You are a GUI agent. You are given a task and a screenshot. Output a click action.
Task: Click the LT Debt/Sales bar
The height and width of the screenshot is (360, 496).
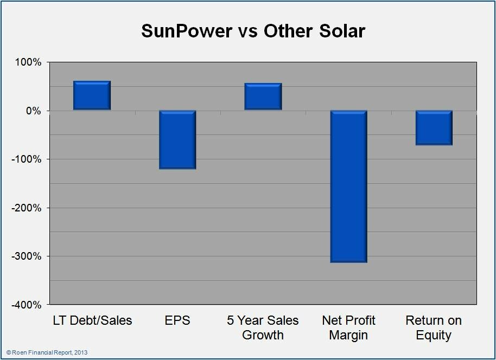pyautogui.click(x=92, y=95)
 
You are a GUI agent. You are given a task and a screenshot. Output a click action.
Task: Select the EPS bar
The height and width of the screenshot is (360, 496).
pyautogui.click(x=177, y=140)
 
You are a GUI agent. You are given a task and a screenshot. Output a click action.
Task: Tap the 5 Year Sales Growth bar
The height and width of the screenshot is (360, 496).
pyautogui.click(x=263, y=97)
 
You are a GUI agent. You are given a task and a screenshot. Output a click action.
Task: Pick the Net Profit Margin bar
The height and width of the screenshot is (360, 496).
pyautogui.click(x=349, y=187)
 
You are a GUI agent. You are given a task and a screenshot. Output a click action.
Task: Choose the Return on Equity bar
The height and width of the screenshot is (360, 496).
pyautogui.click(x=434, y=128)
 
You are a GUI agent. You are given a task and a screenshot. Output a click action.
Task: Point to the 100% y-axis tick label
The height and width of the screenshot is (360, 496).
pyautogui.click(x=27, y=62)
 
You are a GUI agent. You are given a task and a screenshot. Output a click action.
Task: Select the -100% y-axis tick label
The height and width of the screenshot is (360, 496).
pyautogui.click(x=26, y=159)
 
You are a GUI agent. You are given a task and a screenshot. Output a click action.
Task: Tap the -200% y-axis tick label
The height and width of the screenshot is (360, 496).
pyautogui.click(x=26, y=208)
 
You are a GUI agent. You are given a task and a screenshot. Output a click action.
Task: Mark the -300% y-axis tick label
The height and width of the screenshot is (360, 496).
pyautogui.click(x=26, y=256)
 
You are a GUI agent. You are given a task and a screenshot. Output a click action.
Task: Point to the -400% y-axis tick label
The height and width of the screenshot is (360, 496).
pyautogui.click(x=26, y=305)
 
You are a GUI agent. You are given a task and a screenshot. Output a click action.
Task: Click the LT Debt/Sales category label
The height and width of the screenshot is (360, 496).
pyautogui.click(x=92, y=320)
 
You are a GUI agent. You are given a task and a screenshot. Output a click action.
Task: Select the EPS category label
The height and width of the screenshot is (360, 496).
pyautogui.click(x=177, y=320)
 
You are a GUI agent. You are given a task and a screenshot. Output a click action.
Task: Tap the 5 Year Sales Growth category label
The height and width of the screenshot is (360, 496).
pyautogui.click(x=263, y=327)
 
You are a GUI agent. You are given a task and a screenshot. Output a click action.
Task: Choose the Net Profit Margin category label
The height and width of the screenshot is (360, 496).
pyautogui.click(x=349, y=327)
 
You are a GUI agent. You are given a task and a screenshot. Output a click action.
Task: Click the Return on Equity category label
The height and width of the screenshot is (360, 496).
pyautogui.click(x=434, y=327)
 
